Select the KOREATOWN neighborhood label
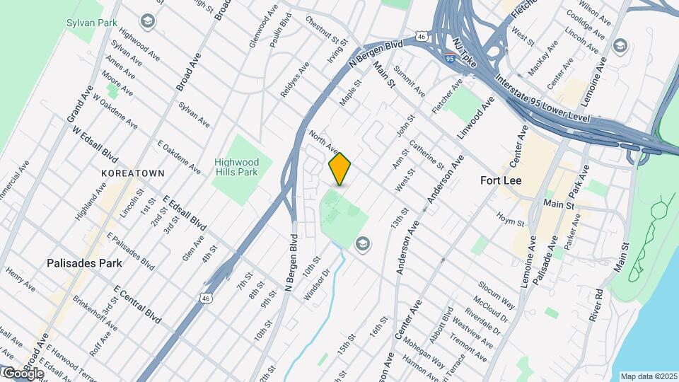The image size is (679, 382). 133,173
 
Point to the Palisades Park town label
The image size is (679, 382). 84,263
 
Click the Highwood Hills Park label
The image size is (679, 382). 237,167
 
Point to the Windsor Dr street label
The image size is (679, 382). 317,283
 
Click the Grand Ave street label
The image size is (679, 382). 81,104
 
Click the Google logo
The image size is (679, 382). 23,374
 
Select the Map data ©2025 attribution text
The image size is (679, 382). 647,376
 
